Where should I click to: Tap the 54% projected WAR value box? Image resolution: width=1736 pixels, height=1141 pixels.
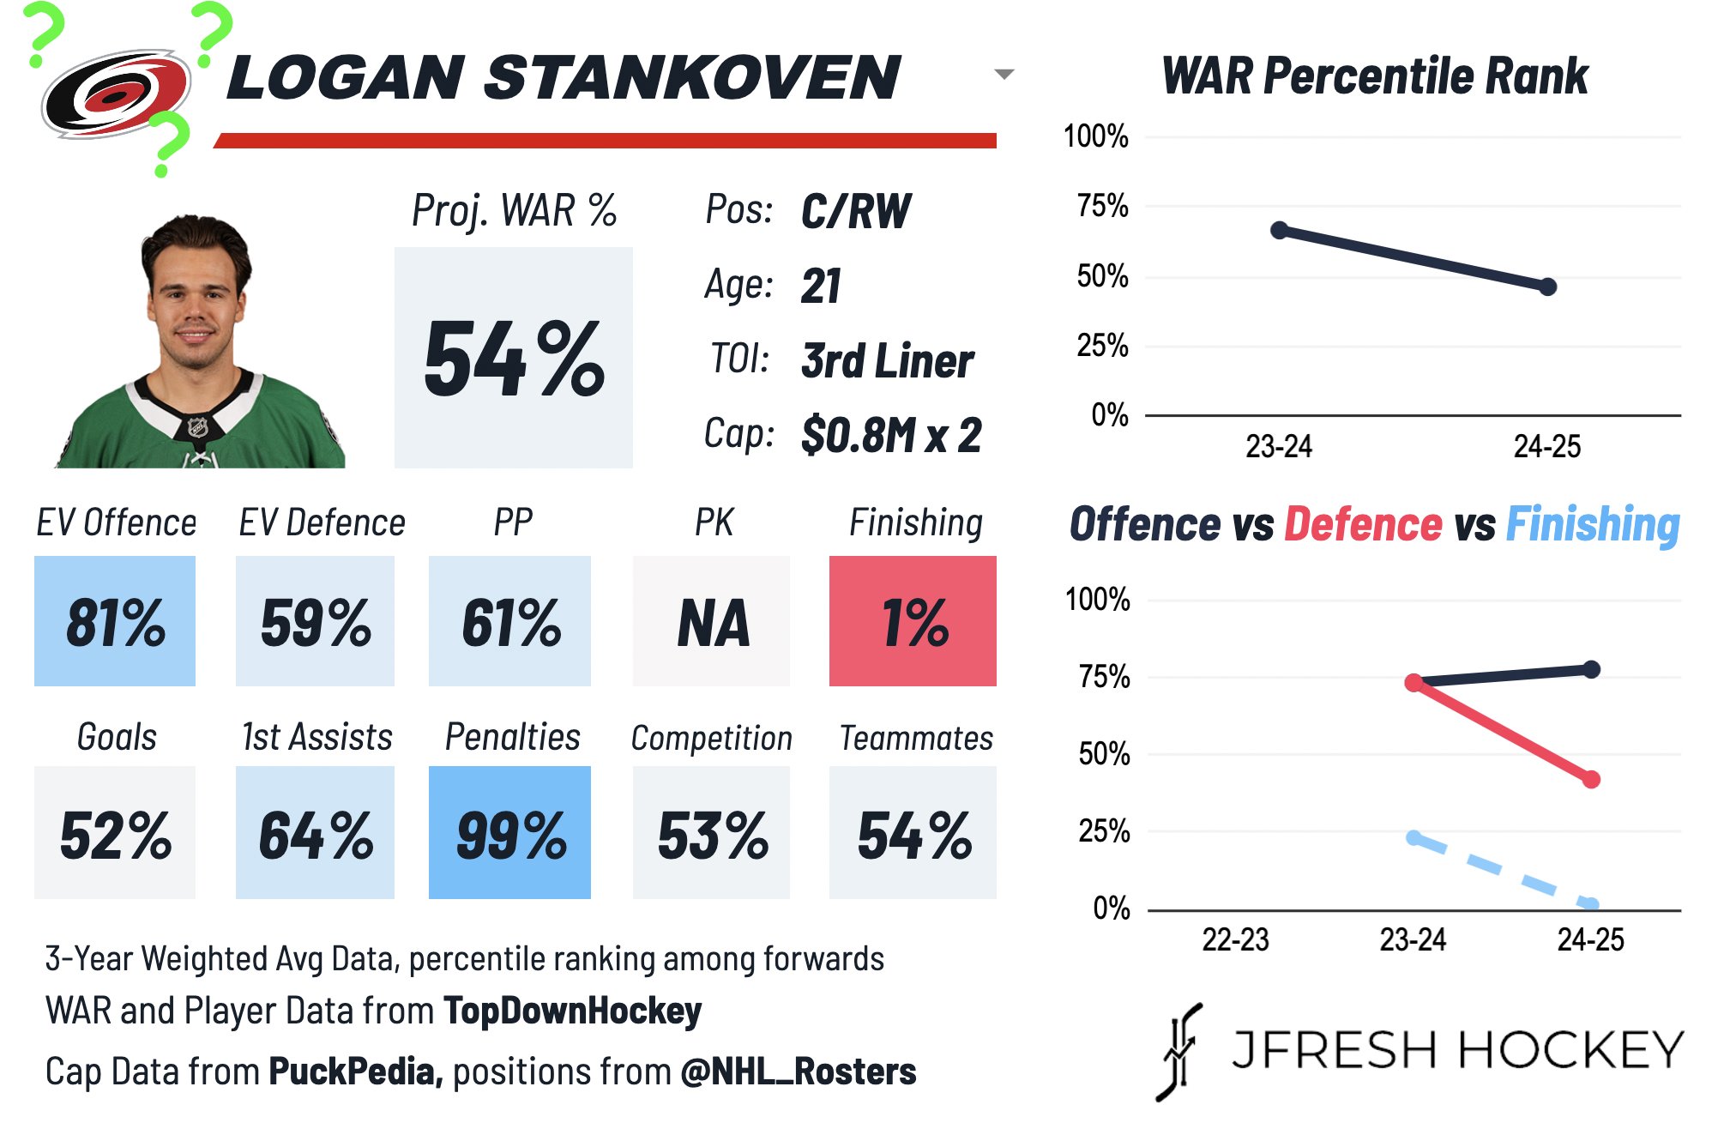click(x=513, y=358)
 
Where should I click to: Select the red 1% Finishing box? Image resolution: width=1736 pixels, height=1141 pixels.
click(x=913, y=621)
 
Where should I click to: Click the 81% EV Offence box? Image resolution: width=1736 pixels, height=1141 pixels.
click(x=115, y=621)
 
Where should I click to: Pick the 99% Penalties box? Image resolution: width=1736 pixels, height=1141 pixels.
click(x=509, y=833)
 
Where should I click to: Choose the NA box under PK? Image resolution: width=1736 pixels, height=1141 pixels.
click(x=711, y=621)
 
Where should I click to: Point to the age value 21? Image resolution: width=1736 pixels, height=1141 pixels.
click(x=821, y=286)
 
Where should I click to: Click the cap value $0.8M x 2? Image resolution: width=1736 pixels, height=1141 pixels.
click(x=890, y=435)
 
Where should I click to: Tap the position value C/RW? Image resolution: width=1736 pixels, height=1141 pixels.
click(x=855, y=211)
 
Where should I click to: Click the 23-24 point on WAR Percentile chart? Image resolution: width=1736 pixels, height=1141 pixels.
click(x=1279, y=230)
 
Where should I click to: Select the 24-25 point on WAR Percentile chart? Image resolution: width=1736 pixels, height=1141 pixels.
click(x=1547, y=287)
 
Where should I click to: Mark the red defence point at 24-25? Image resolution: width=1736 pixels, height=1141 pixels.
click(x=1591, y=779)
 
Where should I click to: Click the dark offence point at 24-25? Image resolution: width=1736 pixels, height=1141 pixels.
click(x=1591, y=669)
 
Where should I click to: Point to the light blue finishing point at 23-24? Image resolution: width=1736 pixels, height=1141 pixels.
click(x=1414, y=837)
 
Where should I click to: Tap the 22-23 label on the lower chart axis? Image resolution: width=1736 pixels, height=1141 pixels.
click(x=1235, y=940)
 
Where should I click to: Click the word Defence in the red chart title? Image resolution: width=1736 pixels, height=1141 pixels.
click(x=1363, y=524)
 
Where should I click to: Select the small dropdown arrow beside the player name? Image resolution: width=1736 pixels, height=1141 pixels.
click(x=1004, y=75)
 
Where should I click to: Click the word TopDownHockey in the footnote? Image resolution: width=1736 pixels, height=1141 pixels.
click(x=572, y=1011)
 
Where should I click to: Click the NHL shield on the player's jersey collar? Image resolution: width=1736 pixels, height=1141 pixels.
click(x=198, y=426)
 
